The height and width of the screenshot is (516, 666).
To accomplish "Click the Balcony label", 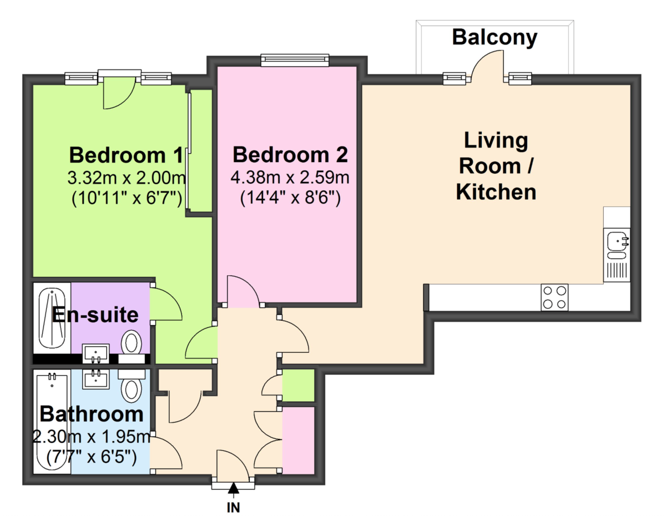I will point(495,37).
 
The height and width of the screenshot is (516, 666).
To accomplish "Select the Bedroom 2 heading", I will point(290,154).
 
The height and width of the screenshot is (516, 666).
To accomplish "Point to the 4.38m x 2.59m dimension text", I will point(290,178).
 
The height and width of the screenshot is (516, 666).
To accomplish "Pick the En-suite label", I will point(94,315).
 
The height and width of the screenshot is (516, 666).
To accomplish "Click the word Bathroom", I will point(92,414).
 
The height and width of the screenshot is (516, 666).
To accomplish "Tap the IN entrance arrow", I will point(234,489).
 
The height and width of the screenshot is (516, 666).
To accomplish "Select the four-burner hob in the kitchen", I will point(554,297).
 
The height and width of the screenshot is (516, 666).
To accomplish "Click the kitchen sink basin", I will point(617,241).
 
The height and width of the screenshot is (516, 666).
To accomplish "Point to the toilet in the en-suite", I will point(132,342).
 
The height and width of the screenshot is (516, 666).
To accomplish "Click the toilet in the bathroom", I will point(132,389).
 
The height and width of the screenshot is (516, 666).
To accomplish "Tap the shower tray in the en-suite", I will point(52,316).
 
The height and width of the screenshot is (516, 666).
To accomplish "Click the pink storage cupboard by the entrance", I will point(298,440).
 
